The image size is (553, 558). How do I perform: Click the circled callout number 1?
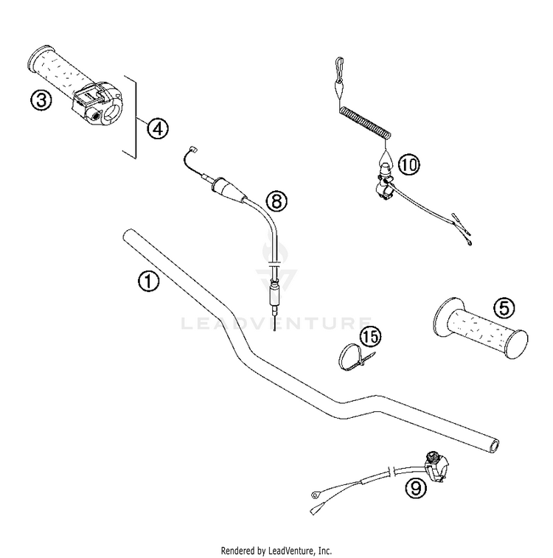[149, 281]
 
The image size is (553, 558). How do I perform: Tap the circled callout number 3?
[41, 100]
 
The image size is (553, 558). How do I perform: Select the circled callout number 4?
[158, 128]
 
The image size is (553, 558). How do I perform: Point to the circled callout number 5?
[504, 308]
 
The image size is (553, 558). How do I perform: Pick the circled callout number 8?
[276, 200]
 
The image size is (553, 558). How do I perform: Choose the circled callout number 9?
[416, 488]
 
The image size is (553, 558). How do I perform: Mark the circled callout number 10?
[409, 165]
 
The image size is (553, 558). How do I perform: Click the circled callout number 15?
[370, 337]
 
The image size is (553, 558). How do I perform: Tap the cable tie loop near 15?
[348, 358]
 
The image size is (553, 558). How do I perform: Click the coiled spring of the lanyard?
[365, 122]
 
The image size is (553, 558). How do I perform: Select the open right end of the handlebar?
[494, 446]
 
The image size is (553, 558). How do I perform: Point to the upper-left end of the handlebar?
[128, 234]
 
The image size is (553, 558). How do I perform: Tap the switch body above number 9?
[436, 466]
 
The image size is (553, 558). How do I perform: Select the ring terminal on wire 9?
[316, 495]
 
